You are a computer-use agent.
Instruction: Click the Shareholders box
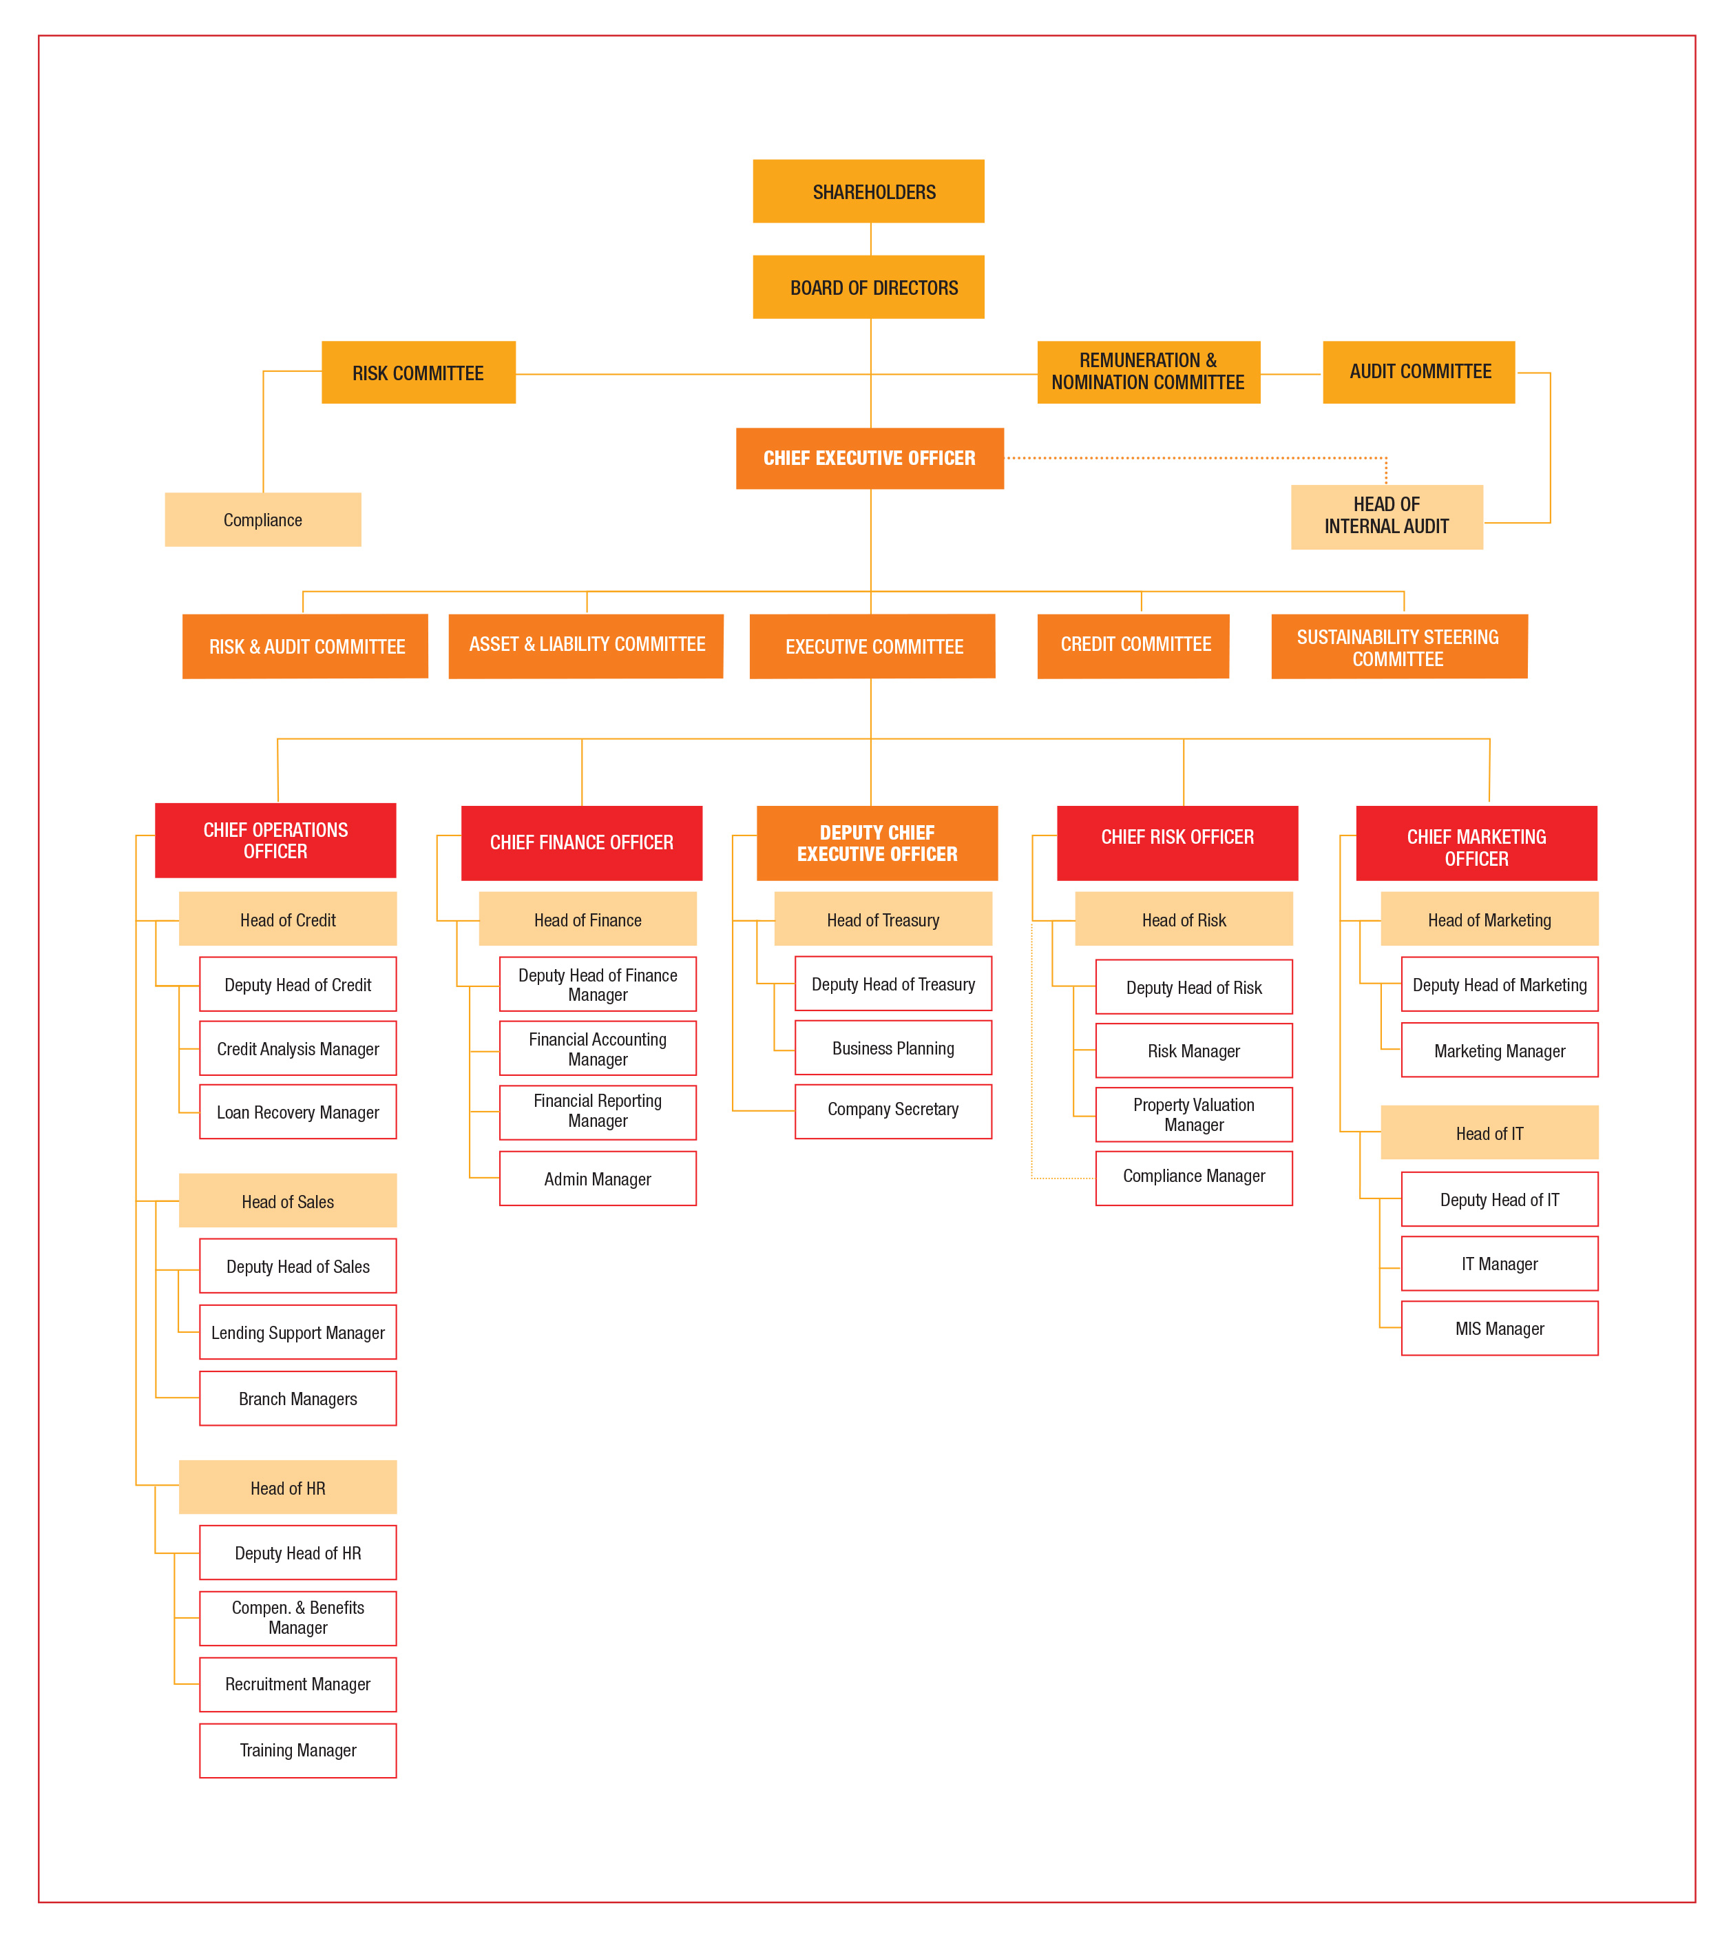coord(868,191)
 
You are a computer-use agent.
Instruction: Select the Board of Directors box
coord(868,287)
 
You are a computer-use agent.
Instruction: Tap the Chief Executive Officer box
coord(870,457)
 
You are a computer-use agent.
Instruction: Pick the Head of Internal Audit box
coord(1387,517)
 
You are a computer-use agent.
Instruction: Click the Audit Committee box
coord(1419,372)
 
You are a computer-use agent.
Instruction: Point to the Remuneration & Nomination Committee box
coord(1149,372)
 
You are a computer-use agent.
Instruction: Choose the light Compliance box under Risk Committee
coord(262,519)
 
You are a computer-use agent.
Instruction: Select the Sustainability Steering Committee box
coord(1399,646)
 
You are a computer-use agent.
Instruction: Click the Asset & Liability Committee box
coord(586,646)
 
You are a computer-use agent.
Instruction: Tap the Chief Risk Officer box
coord(1177,843)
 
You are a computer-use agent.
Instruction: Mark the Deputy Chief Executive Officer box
coord(877,843)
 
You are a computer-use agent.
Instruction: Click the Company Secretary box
coord(893,1111)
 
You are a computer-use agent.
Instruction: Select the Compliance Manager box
coord(1194,1178)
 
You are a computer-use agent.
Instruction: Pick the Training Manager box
coord(297,1750)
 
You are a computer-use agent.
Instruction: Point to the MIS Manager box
coord(1500,1328)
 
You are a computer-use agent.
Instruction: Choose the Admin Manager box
coord(597,1178)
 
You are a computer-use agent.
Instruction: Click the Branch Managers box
coord(297,1398)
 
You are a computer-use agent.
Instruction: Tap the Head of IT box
coord(1489,1132)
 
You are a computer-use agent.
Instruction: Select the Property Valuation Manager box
coord(1194,1114)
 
